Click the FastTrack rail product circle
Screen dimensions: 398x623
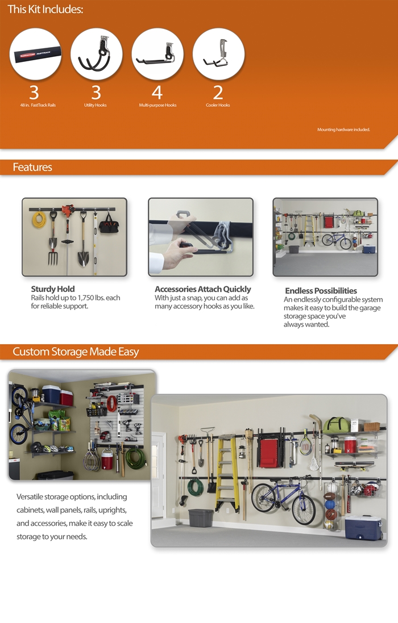[x=35, y=53]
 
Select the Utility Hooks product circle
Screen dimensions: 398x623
[x=96, y=53]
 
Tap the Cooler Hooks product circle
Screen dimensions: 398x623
[x=218, y=53]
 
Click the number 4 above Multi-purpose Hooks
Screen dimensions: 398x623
[x=157, y=93]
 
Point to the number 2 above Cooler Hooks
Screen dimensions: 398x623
[x=218, y=93]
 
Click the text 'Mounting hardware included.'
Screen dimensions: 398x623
[x=343, y=129]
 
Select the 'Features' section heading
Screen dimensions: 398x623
[x=32, y=168]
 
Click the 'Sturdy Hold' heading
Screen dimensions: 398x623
[x=53, y=289]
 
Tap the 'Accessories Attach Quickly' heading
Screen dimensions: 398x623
[x=203, y=289]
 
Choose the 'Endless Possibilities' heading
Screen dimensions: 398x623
[x=321, y=290]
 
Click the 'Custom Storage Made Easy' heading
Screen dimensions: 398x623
[x=76, y=352]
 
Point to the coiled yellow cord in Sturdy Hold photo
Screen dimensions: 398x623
[x=39, y=220]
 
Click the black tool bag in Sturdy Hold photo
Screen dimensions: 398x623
[x=109, y=225]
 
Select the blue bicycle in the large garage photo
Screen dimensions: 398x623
[x=284, y=500]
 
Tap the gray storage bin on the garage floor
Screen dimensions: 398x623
[x=201, y=518]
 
